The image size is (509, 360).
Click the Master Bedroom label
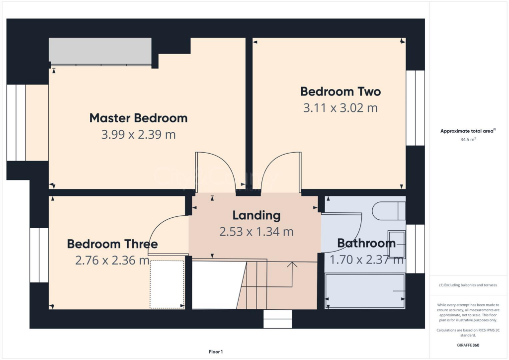point(138,118)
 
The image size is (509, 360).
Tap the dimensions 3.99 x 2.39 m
point(138,135)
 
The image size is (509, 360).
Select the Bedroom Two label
point(340,91)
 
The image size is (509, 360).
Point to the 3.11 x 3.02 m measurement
point(340,108)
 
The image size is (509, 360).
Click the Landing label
point(256,215)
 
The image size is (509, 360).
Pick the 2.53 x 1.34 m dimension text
point(256,232)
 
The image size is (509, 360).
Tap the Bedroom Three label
point(112,244)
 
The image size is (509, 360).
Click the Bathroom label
point(366,243)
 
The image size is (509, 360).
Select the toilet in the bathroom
point(389,211)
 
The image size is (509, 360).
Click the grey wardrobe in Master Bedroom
point(100,51)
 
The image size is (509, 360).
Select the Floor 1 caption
point(216,352)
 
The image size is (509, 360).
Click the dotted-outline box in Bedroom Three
point(167,284)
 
